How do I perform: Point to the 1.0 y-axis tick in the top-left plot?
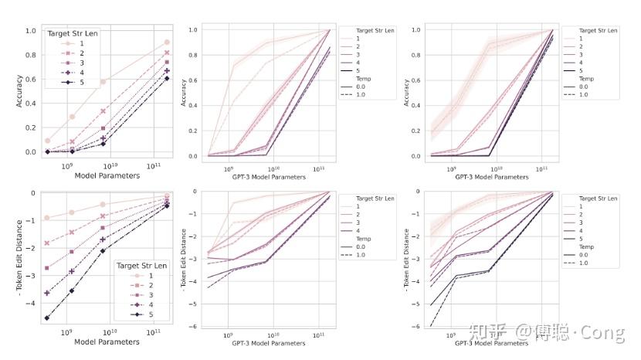click(31, 31)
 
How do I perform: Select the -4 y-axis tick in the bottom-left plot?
click(31, 303)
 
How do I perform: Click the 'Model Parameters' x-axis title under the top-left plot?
click(109, 175)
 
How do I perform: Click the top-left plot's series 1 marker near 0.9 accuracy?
click(167, 42)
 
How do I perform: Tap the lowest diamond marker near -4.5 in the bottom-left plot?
click(48, 318)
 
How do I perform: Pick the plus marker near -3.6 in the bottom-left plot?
click(48, 293)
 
